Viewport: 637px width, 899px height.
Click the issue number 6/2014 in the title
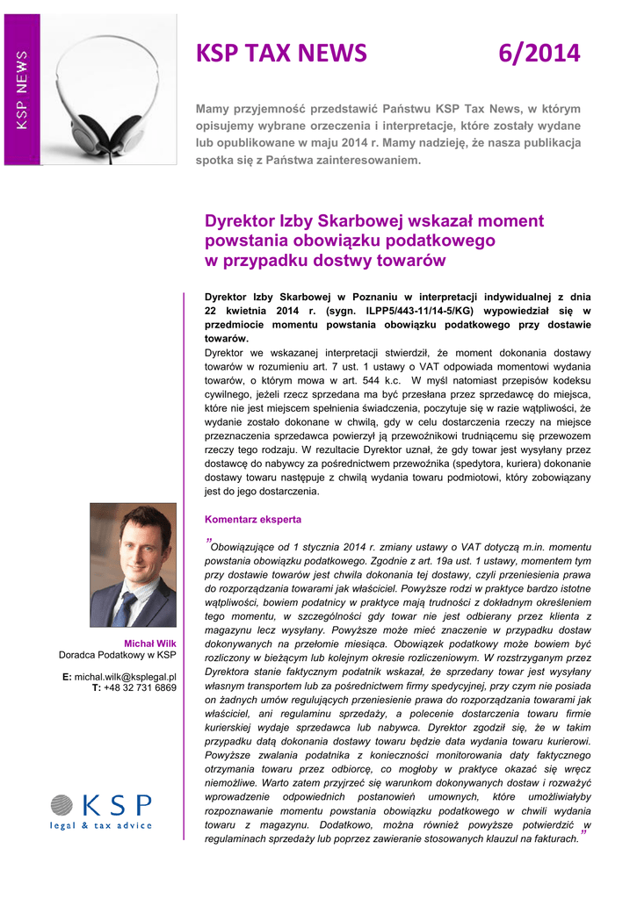point(539,54)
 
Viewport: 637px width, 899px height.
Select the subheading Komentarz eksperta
point(253,519)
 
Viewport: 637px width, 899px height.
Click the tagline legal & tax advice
point(101,825)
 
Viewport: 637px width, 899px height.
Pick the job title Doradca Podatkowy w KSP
point(118,655)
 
